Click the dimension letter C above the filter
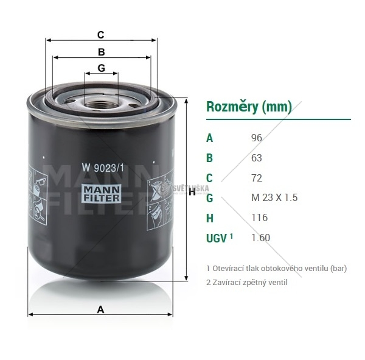pyautogui.click(x=100, y=35)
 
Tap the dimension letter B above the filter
pyautogui.click(x=101, y=52)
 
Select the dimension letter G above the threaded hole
pyautogui.click(x=101, y=68)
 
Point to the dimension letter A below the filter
pyautogui.click(x=100, y=309)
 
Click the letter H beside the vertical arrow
pyautogui.click(x=192, y=192)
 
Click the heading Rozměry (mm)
pyautogui.click(x=249, y=107)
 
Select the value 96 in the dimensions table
pyautogui.click(x=257, y=138)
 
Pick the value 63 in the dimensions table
pyautogui.click(x=257, y=158)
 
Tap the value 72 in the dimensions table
pyautogui.click(x=257, y=178)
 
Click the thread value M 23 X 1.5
pyautogui.click(x=274, y=197)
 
